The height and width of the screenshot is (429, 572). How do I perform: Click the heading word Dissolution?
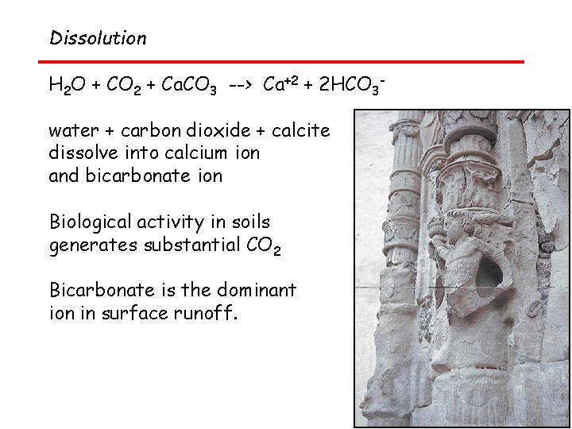click(x=98, y=38)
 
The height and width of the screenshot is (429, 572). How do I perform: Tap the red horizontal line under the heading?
click(x=281, y=61)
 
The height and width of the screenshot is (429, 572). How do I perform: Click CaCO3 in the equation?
click(x=188, y=86)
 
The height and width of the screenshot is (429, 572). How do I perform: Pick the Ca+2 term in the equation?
click(x=280, y=84)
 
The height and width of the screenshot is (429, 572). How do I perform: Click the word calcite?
click(x=302, y=130)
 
